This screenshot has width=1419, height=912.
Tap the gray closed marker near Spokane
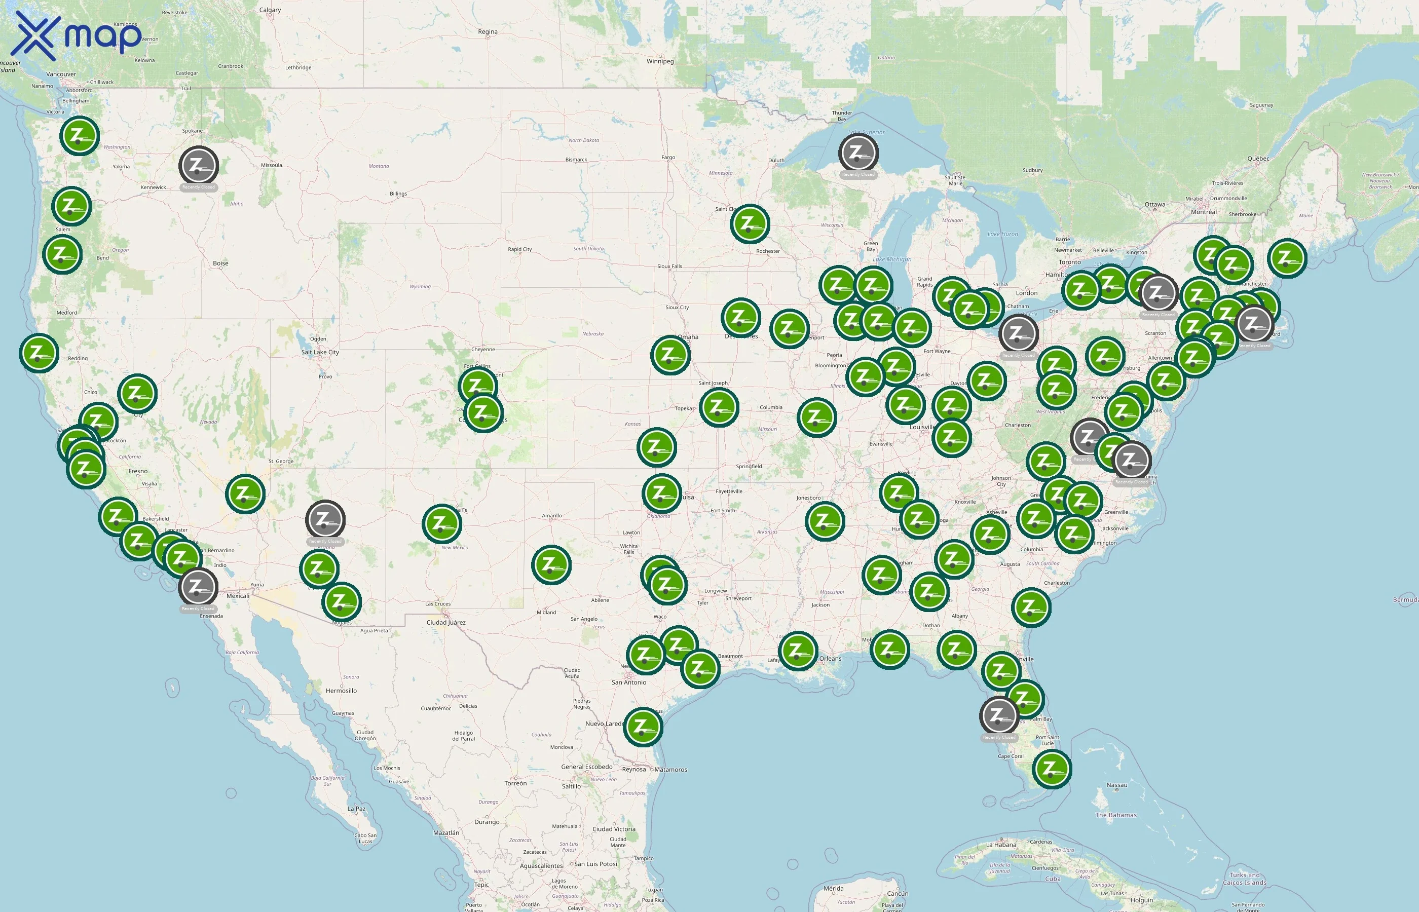(198, 165)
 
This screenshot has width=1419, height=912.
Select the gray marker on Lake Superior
(857, 153)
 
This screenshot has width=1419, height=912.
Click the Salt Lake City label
(320, 352)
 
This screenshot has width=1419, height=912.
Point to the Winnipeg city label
(660, 61)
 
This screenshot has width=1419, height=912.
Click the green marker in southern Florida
(1051, 769)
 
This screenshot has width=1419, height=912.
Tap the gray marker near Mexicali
(198, 587)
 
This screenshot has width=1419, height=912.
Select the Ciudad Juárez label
(446, 622)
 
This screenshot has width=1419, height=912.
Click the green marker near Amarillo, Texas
(551, 564)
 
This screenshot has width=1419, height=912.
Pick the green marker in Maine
(1287, 257)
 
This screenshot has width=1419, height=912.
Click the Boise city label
(220, 263)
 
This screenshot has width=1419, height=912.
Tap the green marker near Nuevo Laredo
(643, 726)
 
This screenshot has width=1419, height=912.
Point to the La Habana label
(1001, 845)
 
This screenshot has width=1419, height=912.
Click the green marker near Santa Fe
(441, 523)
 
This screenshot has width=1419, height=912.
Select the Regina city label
(488, 31)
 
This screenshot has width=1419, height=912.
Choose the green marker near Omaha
(670, 355)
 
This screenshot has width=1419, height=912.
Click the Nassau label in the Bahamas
(1116, 785)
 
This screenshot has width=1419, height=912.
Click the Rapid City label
(519, 249)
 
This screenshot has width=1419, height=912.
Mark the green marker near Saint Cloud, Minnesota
(749, 224)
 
